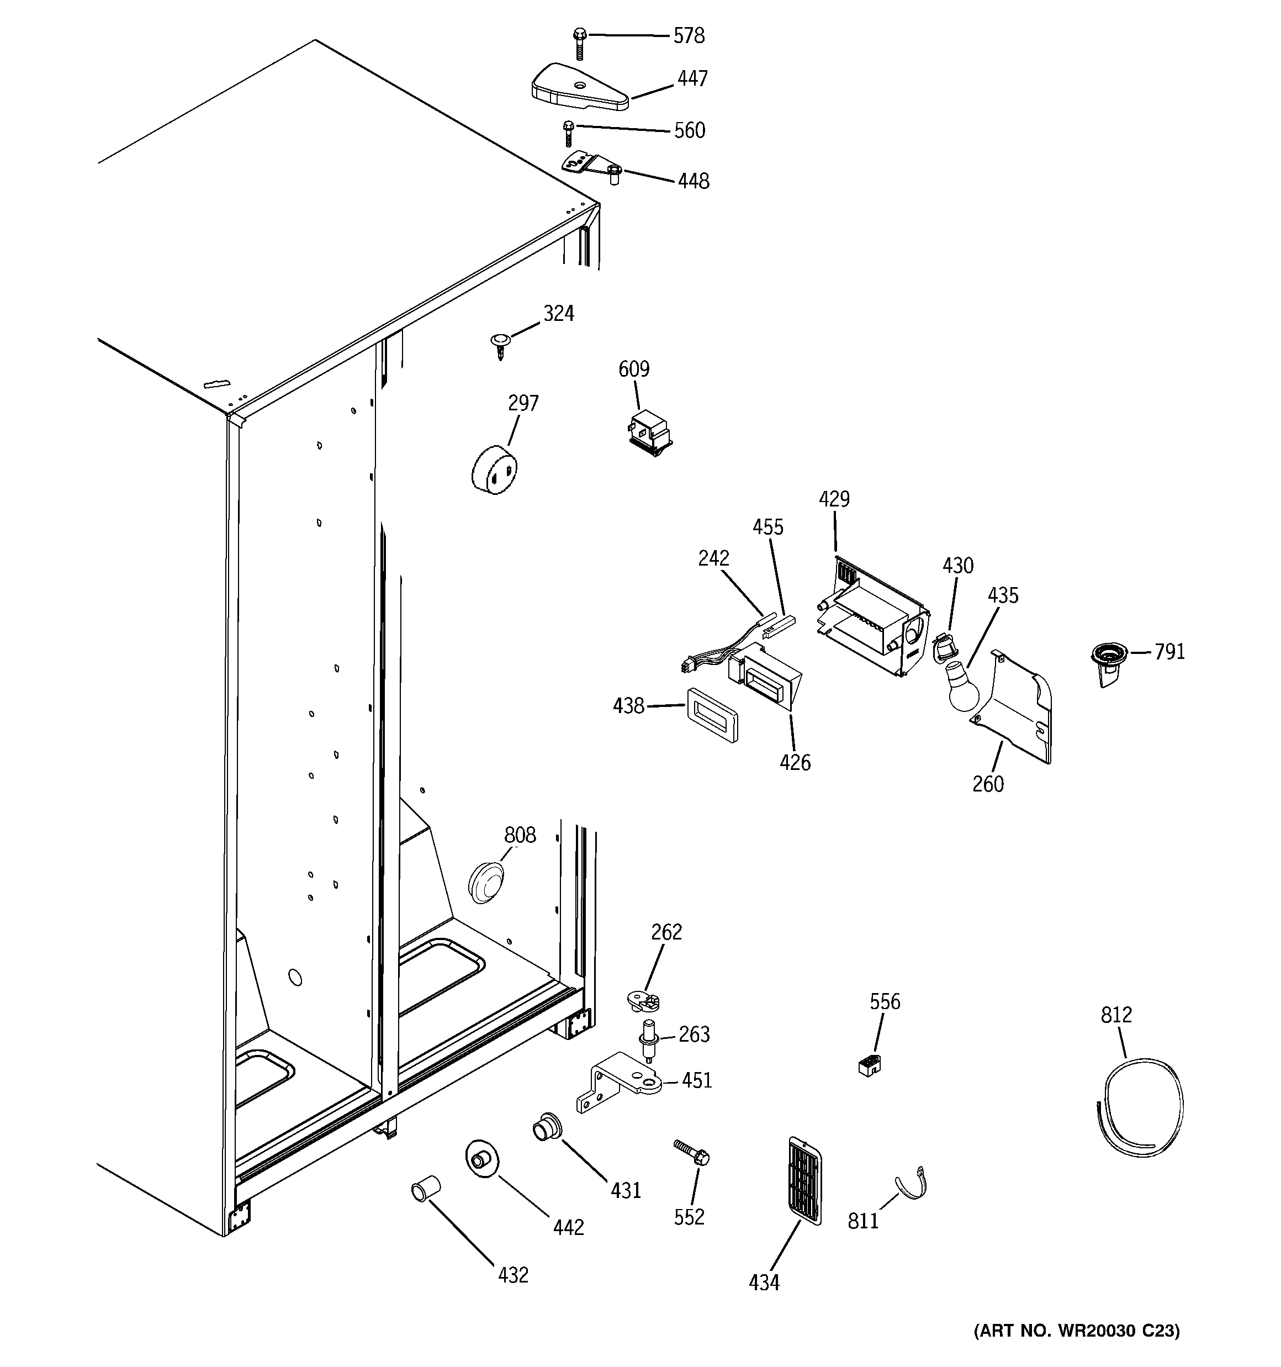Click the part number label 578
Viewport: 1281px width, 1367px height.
tap(689, 36)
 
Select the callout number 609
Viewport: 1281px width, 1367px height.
tap(633, 370)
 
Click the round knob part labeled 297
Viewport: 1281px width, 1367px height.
tap(494, 469)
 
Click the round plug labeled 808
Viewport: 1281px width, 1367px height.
tap(486, 882)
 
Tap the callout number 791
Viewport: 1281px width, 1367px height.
tap(1169, 652)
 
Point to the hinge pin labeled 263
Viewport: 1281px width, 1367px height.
tap(648, 1038)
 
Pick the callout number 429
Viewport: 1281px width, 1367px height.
tap(834, 499)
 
